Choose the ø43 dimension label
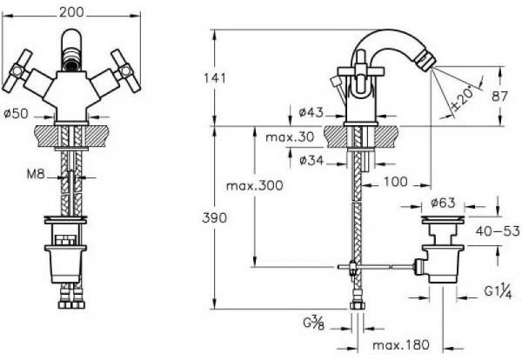310,110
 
